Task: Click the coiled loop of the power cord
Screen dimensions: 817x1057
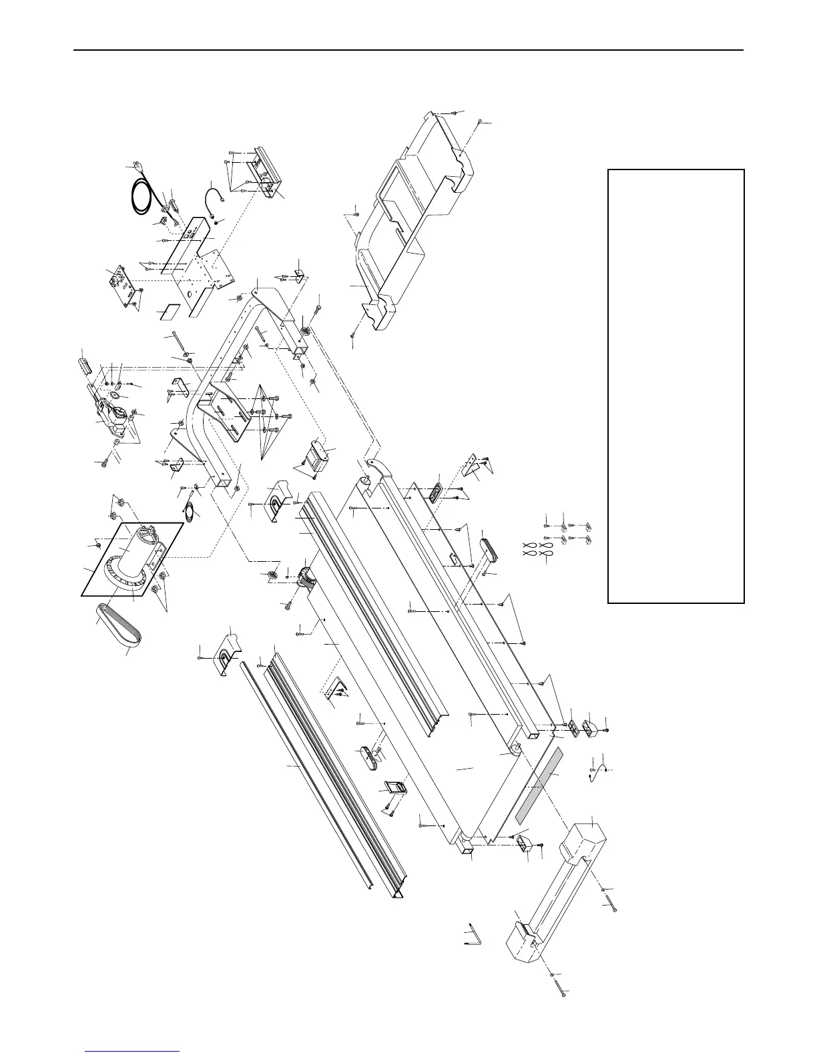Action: [x=142, y=199]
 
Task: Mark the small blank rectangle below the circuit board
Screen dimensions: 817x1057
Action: [x=170, y=312]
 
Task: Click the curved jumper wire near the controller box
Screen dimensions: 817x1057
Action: [x=214, y=194]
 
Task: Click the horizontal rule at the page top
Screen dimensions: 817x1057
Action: [x=408, y=50]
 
